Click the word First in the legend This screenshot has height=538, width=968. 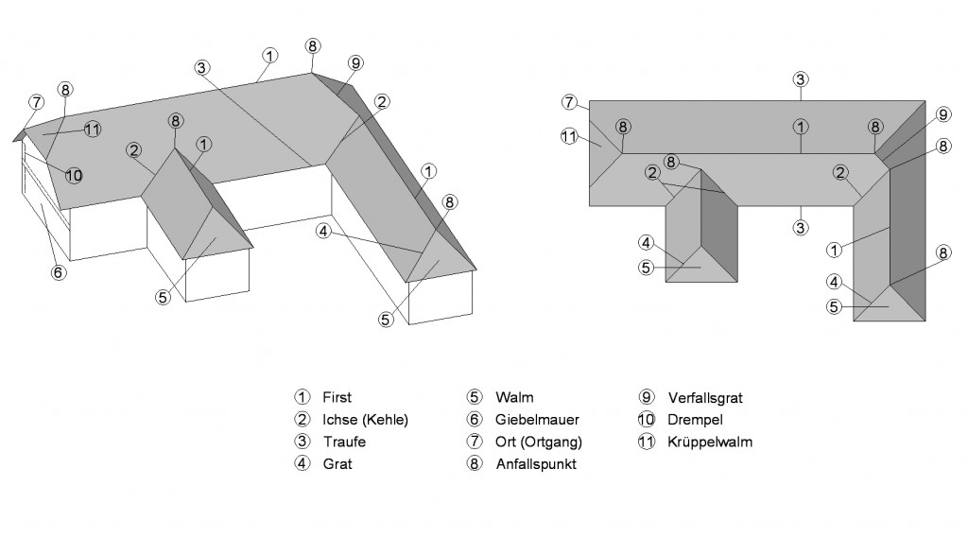click(336, 398)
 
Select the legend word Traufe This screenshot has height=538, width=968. click(341, 442)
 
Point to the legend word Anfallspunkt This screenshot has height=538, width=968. click(535, 464)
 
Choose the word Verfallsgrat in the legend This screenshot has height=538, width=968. click(705, 398)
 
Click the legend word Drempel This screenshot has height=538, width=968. click(694, 420)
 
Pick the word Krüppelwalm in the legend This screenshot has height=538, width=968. click(710, 442)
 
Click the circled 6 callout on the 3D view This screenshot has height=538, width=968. click(58, 272)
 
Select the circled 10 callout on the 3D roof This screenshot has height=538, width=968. click(75, 175)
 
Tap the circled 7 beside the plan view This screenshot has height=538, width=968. click(569, 101)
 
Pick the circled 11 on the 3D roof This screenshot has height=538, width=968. click(92, 130)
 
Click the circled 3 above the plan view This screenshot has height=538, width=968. click(801, 79)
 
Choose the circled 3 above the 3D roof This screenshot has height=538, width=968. click(202, 66)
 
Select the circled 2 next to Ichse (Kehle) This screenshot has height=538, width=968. click(302, 420)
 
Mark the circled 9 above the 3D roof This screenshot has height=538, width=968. click(354, 62)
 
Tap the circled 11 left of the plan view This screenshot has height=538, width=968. click(569, 137)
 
